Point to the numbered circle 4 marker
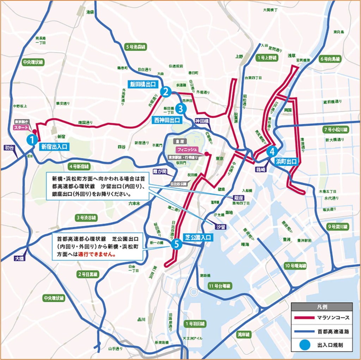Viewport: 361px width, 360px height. (x=272, y=151)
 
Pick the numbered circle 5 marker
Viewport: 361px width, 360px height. (x=177, y=244)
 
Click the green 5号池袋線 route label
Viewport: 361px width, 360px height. (x=136, y=47)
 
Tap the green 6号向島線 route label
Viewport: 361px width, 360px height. (x=330, y=59)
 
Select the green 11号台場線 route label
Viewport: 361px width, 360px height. (x=219, y=286)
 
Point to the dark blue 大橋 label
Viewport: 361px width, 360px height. (x=19, y=258)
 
